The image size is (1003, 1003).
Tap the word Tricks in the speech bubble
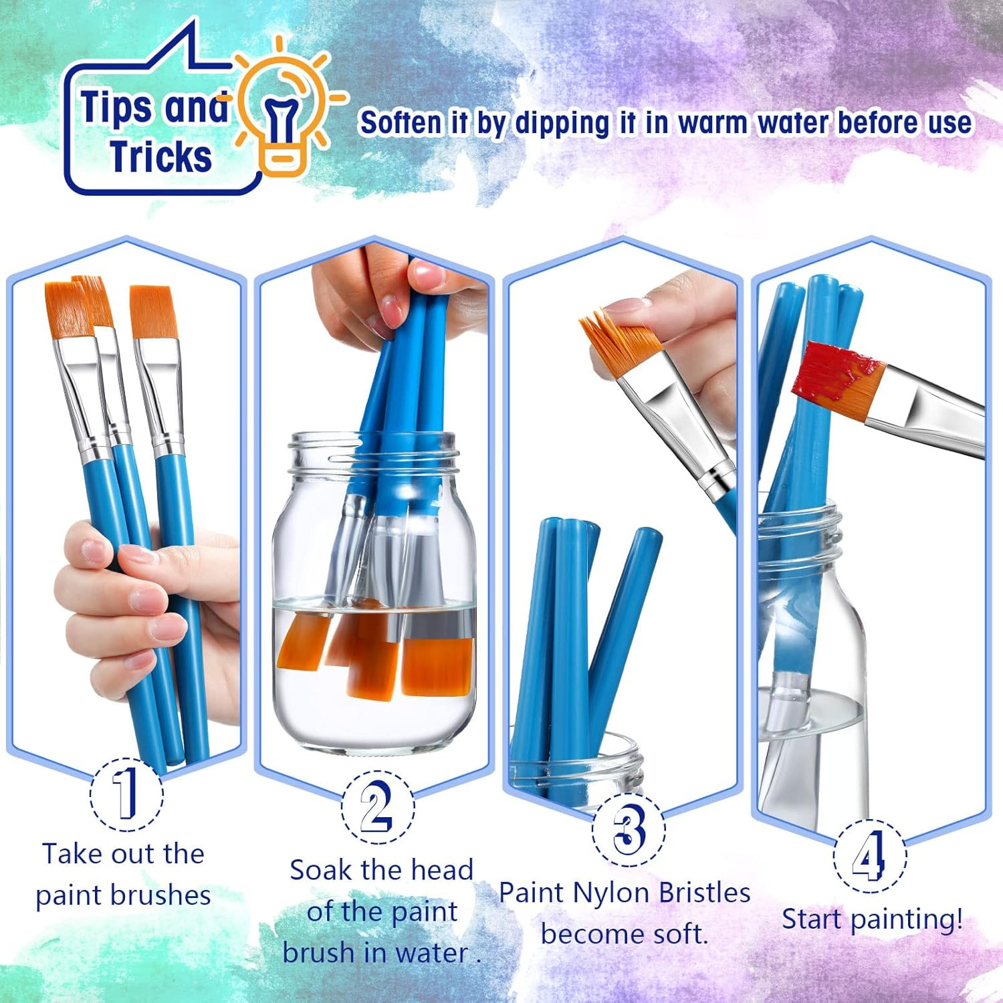point(161,156)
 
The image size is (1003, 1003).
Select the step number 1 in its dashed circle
point(126,794)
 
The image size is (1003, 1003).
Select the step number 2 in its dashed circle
point(376,807)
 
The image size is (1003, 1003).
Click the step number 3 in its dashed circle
point(628,829)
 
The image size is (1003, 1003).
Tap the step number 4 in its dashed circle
point(869,857)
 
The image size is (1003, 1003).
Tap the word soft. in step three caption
point(671,934)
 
